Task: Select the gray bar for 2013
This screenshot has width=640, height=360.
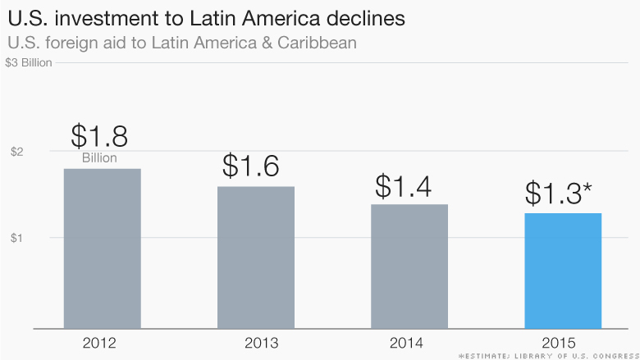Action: pos(256,257)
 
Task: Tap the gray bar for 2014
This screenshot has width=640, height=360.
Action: pos(409,267)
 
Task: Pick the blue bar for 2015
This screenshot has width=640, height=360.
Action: pos(563,271)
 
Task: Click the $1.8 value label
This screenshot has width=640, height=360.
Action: pos(99,135)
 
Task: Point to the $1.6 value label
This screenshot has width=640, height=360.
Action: pos(251,166)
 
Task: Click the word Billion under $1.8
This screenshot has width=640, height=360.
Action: pos(99,158)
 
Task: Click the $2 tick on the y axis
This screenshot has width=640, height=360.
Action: pos(16,152)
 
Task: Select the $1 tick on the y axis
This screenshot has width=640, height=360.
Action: pos(16,238)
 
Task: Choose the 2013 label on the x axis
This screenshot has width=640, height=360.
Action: pos(255,340)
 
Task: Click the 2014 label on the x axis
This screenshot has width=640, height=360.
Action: pos(409,340)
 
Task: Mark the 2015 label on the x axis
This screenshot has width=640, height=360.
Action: pos(562,340)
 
